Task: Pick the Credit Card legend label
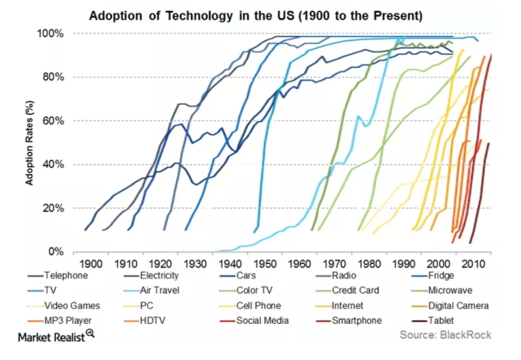[355, 291]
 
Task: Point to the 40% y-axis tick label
[55, 164]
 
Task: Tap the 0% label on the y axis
[57, 252]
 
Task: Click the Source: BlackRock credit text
[445, 335]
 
